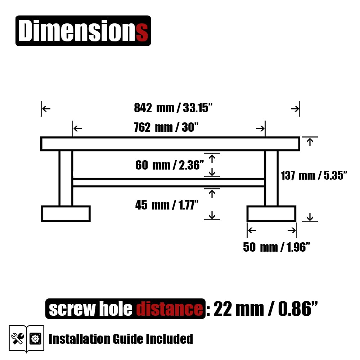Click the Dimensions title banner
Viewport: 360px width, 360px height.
[83, 31]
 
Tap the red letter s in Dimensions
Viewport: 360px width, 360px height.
[142, 33]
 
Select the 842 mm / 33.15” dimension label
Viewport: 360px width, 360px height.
[173, 108]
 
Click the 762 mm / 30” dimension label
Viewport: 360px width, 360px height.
[166, 127]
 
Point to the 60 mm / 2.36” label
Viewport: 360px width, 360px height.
[170, 165]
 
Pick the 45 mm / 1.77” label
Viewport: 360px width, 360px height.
[167, 205]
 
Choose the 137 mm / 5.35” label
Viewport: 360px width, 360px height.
[314, 175]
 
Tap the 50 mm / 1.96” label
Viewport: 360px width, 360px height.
[276, 247]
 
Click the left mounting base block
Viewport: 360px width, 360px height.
[66, 214]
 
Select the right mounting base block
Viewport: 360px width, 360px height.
[271, 214]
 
